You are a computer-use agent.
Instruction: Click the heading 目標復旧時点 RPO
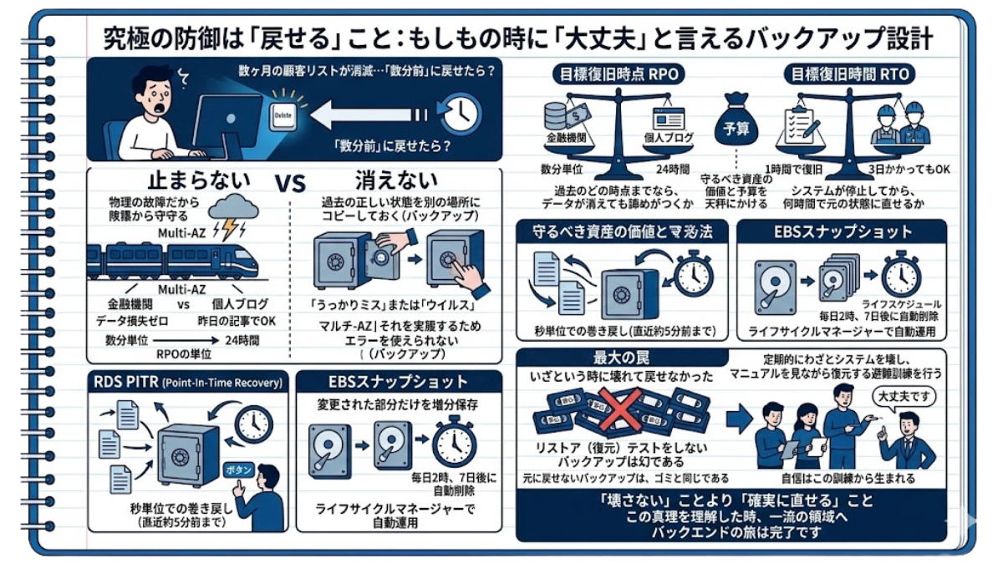[619, 74]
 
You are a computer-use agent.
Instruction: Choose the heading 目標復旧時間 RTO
[849, 74]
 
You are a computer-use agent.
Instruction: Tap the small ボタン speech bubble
[240, 470]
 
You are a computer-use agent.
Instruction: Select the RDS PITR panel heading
[188, 383]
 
